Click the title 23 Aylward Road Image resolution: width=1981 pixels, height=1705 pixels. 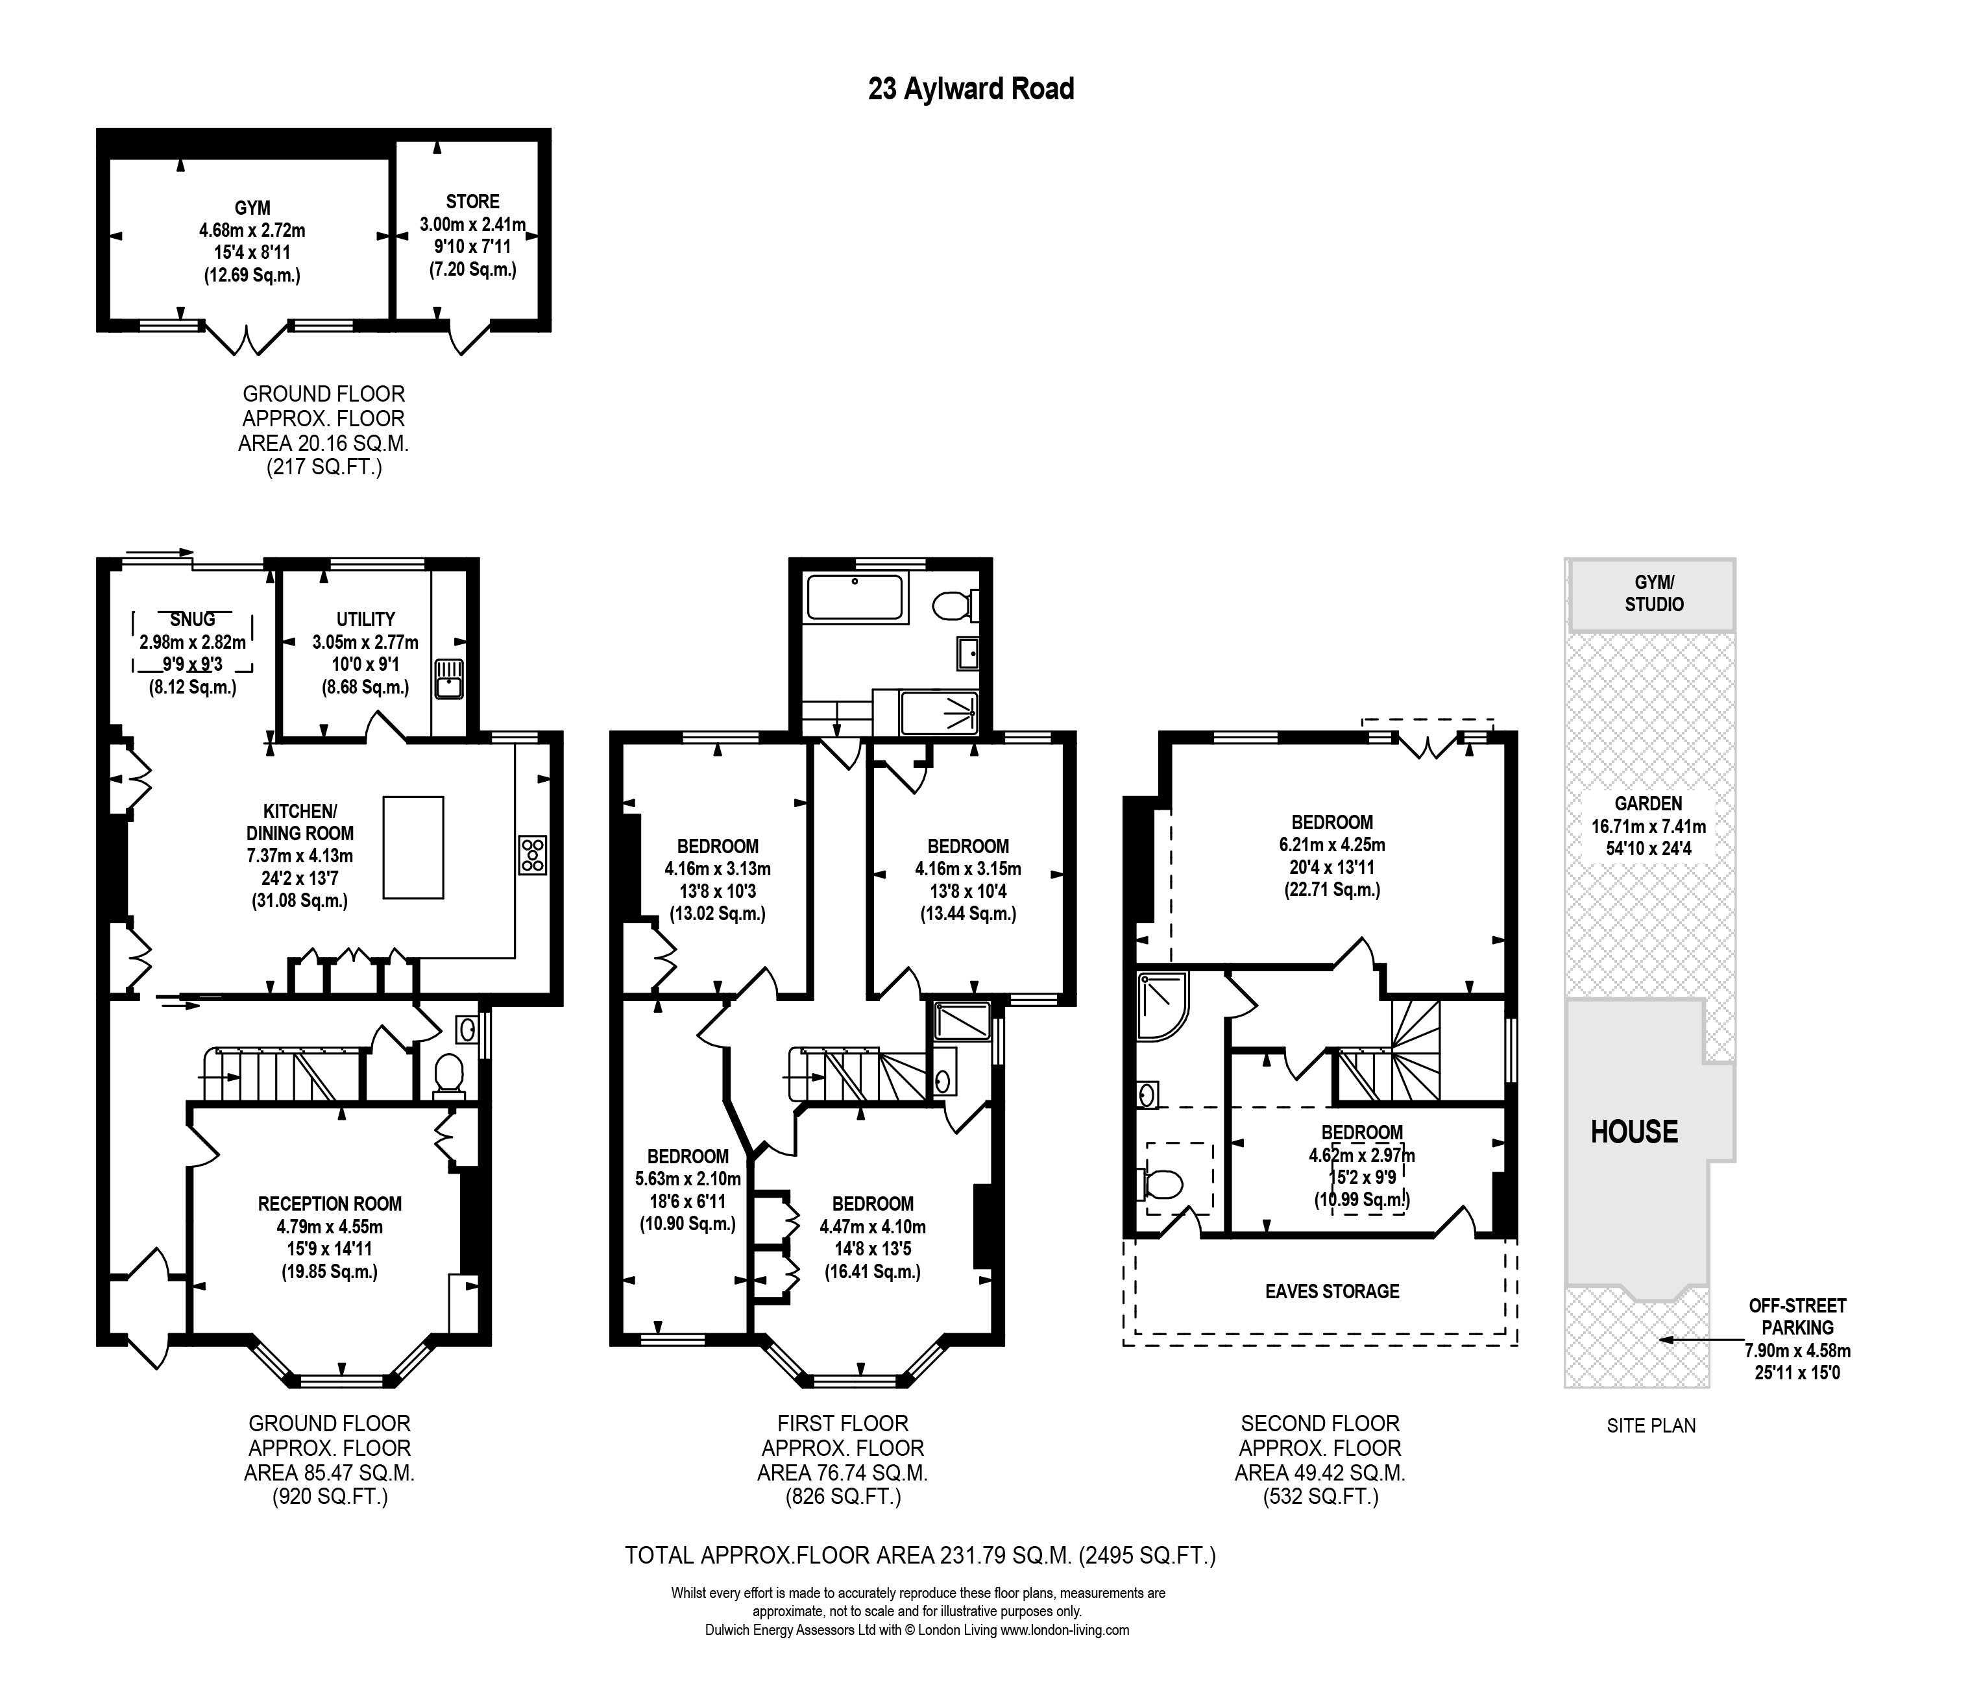tap(971, 89)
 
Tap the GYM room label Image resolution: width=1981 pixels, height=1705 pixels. tap(252, 208)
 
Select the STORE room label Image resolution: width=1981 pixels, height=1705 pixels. tap(472, 202)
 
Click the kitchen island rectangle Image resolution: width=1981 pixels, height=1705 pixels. tap(413, 848)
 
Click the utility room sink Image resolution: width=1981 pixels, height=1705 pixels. tap(448, 679)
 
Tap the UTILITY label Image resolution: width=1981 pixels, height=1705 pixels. tap(365, 620)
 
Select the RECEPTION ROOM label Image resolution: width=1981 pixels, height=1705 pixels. tap(330, 1204)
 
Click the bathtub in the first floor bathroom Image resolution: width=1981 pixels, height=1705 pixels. tap(855, 598)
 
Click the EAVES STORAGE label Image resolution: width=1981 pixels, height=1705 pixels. tap(1332, 1292)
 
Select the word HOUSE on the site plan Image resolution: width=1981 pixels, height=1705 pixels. tap(1634, 1133)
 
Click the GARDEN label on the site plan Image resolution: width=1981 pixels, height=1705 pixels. tap(1648, 804)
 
